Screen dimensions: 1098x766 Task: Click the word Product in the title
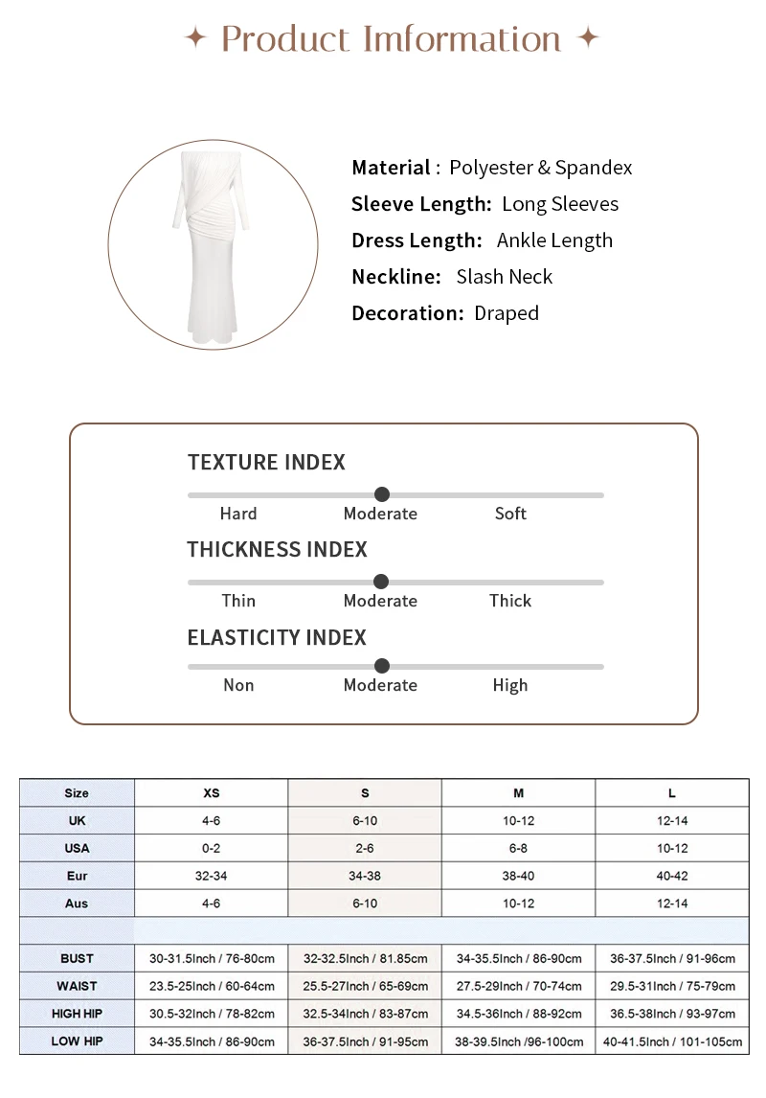(284, 39)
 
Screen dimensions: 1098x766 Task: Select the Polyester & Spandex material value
(540, 168)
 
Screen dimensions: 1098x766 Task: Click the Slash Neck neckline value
(504, 277)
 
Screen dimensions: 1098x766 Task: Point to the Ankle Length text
(554, 240)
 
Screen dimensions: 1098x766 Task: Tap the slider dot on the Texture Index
(382, 494)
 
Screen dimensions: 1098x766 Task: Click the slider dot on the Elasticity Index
(382, 666)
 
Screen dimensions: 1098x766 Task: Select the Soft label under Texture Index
(510, 514)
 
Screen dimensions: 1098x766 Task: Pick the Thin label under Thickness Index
(238, 601)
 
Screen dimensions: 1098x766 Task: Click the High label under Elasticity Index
(509, 685)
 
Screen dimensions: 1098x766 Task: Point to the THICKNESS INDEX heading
(277, 550)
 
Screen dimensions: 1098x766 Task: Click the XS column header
(211, 793)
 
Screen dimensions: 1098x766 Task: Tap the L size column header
(672, 793)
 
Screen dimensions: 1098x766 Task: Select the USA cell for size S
(365, 849)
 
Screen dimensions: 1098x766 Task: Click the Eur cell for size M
(518, 876)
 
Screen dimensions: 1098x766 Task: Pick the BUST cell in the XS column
(211, 958)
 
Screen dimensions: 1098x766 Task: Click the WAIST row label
(77, 986)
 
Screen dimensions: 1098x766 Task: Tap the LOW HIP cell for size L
(672, 1041)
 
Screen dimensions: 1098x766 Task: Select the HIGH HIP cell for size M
(518, 1014)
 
